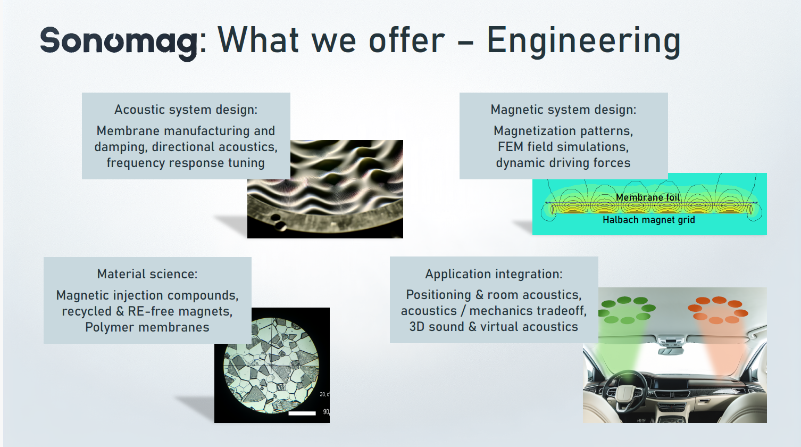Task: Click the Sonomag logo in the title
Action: pyautogui.click(x=119, y=43)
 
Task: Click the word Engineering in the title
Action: pyautogui.click(x=583, y=42)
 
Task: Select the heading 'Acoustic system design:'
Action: pyautogui.click(x=186, y=110)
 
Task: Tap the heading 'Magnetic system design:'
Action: pyautogui.click(x=564, y=110)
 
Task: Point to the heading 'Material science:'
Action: pyautogui.click(x=147, y=274)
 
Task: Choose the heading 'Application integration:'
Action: pyautogui.click(x=494, y=274)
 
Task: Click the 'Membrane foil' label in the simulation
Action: pyautogui.click(x=648, y=197)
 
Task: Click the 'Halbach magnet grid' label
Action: pyautogui.click(x=649, y=220)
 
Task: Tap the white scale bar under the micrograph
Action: pyautogui.click(x=302, y=413)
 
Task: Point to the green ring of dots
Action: pyautogui.click(x=627, y=310)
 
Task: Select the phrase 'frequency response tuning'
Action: pyautogui.click(x=186, y=163)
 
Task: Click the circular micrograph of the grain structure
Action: pyautogui.click(x=271, y=365)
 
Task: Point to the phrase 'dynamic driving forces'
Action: pyautogui.click(x=563, y=163)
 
